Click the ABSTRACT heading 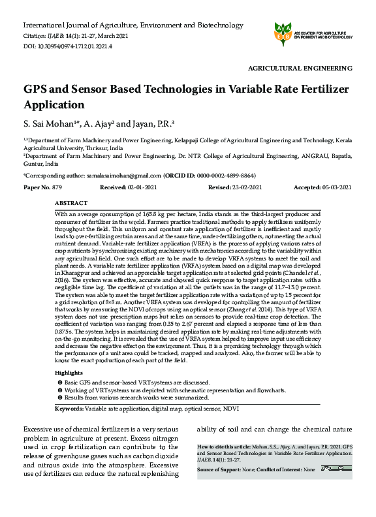click(x=71, y=203)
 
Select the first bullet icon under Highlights click(x=59, y=382)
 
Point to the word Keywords click(x=69, y=408)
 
